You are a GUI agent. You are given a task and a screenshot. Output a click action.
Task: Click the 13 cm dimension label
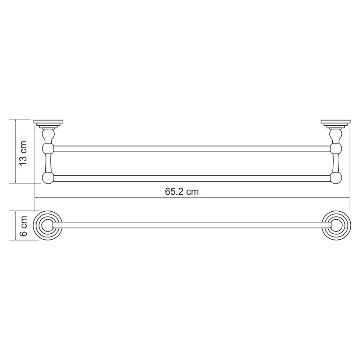(23, 153)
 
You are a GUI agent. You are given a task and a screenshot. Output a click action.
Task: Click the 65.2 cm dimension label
(181, 192)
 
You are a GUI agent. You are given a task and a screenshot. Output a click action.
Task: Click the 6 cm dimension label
(23, 226)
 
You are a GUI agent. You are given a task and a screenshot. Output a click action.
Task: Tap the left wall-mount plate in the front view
(48, 124)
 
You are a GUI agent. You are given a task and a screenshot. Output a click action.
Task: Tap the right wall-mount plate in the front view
(336, 124)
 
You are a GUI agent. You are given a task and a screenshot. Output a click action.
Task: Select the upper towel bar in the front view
(192, 149)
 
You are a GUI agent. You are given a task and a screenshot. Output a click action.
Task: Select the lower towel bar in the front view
(192, 179)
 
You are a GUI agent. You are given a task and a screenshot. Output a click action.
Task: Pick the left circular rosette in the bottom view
(48, 225)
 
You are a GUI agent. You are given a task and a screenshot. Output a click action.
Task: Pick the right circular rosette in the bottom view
(336, 225)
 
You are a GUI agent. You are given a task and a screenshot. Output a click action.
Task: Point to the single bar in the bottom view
(192, 225)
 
